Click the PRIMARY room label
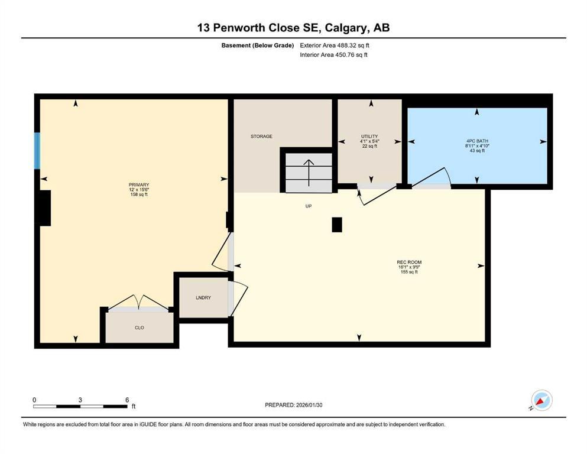[139, 184]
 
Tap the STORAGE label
[261, 137]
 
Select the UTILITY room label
[369, 137]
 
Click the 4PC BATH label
[476, 141]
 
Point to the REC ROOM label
[409, 262]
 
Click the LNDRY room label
[203, 298]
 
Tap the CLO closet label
[140, 327]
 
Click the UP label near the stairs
[308, 206]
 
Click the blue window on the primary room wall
[37, 151]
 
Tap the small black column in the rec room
[336, 225]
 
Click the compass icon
[541, 400]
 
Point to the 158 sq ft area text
[139, 194]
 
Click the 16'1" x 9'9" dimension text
[409, 267]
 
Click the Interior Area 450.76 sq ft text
[335, 55]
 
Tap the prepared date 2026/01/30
[293, 405]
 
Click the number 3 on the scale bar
[80, 400]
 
